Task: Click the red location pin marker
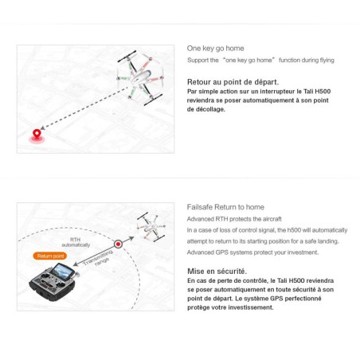37,135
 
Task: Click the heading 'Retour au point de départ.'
233,81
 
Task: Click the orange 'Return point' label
49,256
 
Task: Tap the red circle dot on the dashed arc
117,243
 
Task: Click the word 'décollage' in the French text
209,109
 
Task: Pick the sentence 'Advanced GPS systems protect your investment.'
252,252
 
